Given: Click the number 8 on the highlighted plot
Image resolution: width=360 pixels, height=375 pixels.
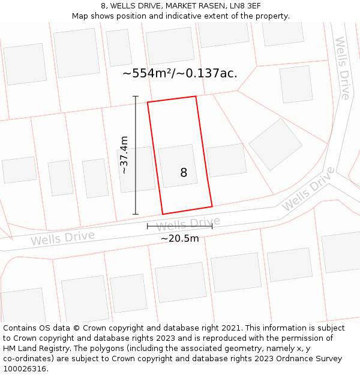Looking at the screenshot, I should [184, 173].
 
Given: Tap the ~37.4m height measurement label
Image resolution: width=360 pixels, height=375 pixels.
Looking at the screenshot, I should [124, 155].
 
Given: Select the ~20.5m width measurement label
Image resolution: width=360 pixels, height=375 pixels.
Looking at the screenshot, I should [179, 238].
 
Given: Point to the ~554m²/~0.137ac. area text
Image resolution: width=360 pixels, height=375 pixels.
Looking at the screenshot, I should [180, 73].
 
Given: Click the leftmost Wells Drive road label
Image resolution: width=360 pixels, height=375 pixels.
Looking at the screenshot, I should [62, 238].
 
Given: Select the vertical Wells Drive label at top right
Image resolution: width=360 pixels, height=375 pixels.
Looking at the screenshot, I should [342, 68].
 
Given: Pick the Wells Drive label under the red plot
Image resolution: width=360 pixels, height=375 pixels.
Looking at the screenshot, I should [188, 224].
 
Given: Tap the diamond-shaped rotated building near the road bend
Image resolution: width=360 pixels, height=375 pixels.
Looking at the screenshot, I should [275, 144].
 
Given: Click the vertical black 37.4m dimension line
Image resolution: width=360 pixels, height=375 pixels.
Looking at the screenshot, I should [136, 155].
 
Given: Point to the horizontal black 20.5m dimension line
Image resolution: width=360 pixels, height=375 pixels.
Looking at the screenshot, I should [179, 226].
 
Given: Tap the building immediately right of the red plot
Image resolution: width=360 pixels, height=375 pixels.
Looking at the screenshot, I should [226, 160].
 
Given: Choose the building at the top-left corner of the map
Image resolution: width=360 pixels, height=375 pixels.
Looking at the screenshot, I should [25, 64].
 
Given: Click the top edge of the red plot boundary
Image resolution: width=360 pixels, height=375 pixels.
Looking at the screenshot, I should [172, 99].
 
